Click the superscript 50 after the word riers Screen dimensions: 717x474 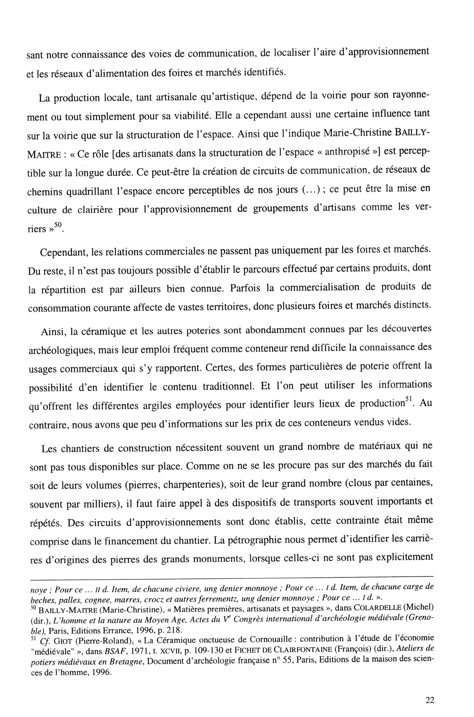58,225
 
